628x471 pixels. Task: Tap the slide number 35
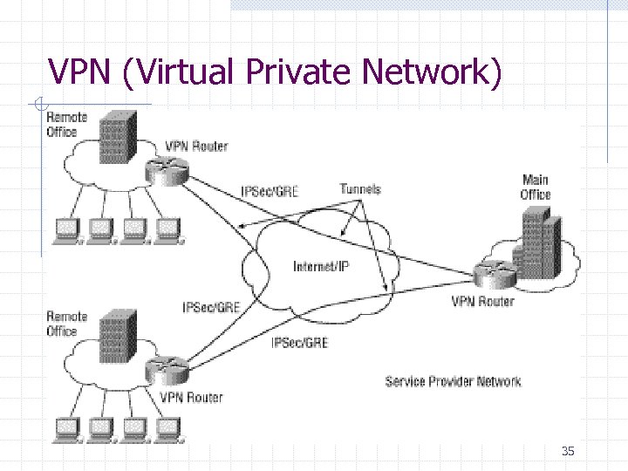(x=568, y=451)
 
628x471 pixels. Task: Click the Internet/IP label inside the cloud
(x=321, y=267)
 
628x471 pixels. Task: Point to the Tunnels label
(x=360, y=188)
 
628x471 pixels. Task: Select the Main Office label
(x=535, y=188)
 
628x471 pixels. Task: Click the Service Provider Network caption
(x=453, y=381)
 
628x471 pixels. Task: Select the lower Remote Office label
(x=67, y=324)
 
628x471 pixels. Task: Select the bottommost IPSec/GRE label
(x=300, y=343)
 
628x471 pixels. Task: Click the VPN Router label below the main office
(x=482, y=302)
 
